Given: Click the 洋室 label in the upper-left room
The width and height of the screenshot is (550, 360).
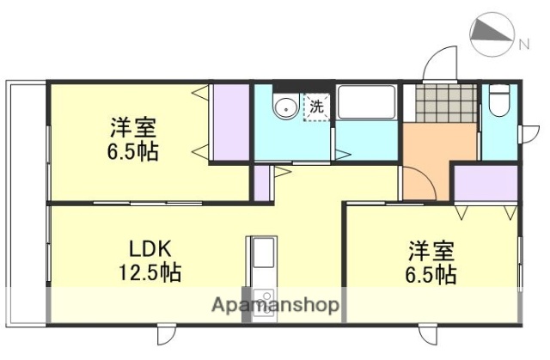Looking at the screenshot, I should [x=132, y=129].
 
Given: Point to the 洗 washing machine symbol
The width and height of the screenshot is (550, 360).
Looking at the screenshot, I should [x=316, y=108].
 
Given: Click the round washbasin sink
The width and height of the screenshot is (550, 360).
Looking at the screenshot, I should [x=284, y=108].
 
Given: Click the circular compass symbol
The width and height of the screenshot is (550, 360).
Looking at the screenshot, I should [x=492, y=34].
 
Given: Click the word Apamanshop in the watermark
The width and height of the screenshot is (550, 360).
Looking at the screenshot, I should [x=275, y=305].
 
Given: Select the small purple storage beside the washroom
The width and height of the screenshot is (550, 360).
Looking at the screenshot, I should [x=261, y=180].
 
